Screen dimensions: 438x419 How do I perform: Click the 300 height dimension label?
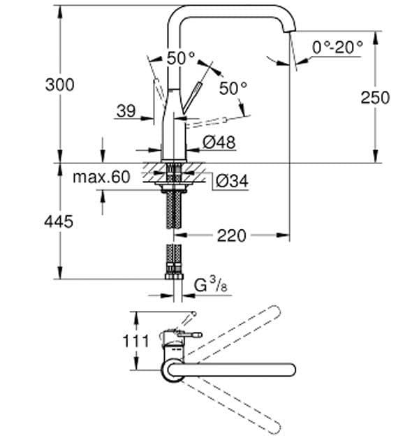[x=59, y=85]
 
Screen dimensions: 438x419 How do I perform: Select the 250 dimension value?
[x=375, y=98]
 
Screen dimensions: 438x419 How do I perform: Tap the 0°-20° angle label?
[x=338, y=47]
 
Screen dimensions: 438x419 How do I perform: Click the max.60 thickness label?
[x=102, y=177]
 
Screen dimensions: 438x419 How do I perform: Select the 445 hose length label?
[x=59, y=221]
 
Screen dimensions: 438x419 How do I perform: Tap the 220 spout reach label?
[x=231, y=235]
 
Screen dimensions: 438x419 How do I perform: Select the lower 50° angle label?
[x=233, y=89]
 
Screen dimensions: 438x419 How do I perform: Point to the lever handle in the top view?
[x=183, y=337]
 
